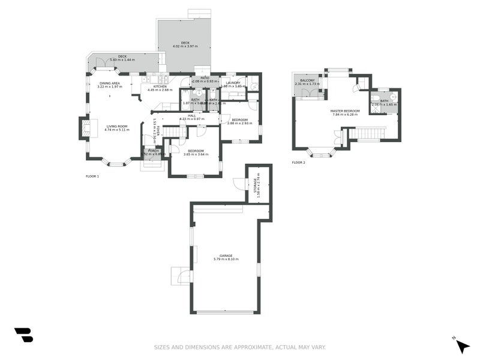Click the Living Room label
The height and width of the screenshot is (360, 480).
[x=117, y=126]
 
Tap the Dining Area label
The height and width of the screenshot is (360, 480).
[x=109, y=83]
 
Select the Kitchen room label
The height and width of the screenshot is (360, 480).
[x=160, y=86]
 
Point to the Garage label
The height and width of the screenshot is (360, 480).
[x=226, y=256]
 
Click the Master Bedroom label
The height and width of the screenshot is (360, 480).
[x=345, y=111]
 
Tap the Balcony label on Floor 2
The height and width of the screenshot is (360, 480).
[x=307, y=80]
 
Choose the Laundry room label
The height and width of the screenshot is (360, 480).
[x=233, y=83]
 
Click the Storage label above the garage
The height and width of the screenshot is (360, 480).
[x=255, y=184]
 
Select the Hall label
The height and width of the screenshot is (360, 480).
[x=191, y=115]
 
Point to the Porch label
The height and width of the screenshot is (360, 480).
[x=153, y=151]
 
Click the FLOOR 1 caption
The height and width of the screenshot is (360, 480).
[x=92, y=176]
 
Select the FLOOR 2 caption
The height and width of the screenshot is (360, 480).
[x=298, y=163]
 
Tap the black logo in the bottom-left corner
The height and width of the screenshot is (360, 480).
[x=23, y=335]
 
